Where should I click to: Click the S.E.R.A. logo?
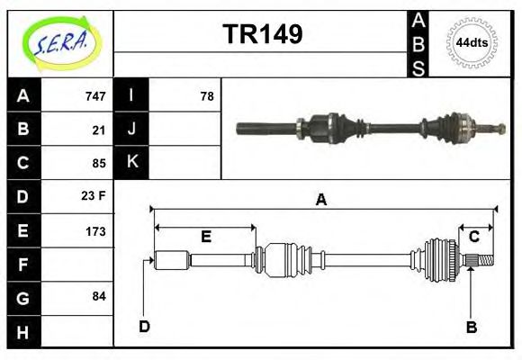pos(60,42)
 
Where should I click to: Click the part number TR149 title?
pos(262,34)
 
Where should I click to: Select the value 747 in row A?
pos(94,96)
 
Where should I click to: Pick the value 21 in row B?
pos(98,130)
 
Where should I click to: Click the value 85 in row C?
pos(98,163)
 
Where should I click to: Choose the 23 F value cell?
pos(94,196)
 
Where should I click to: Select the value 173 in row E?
pos(94,230)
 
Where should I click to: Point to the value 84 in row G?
pos(98,297)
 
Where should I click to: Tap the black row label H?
pos(23,331)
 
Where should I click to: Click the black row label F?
pos(23,265)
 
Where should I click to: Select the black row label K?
pos(131,163)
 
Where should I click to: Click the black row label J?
pos(131,130)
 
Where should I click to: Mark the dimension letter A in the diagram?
pos(320,201)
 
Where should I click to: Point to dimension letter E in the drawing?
pos(205,237)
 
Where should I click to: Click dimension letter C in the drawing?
pos(473,237)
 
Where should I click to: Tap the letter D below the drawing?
pos(144,326)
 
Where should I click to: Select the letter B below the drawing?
pos(471,327)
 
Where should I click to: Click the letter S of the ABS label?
pos(418,67)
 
